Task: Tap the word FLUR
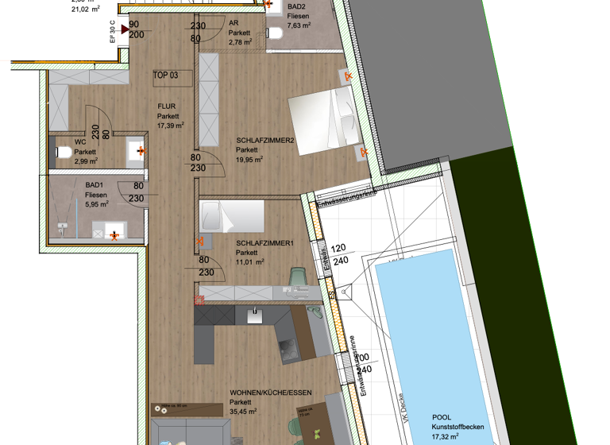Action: coord(166,106)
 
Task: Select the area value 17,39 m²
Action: coord(170,126)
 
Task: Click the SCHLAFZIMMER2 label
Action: coord(265,140)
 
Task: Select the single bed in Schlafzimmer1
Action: coord(232,216)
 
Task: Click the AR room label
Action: coord(234,24)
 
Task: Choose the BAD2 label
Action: coord(299,6)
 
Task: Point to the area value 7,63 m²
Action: coord(299,25)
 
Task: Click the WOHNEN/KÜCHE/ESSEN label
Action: coord(264,393)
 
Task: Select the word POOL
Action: coord(442,417)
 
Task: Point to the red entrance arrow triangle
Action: coord(125,29)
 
